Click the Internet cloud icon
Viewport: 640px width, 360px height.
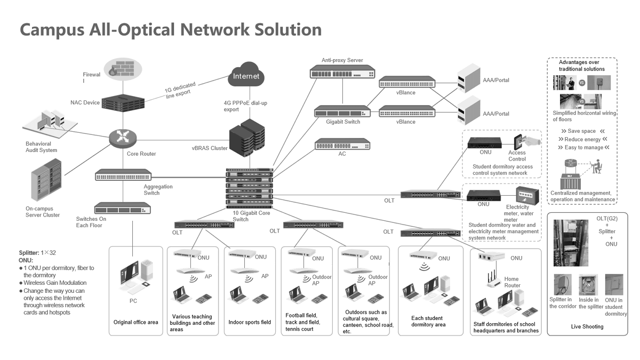[245, 76]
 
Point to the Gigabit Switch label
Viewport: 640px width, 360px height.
[343, 122]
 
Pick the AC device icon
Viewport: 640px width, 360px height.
[342, 144]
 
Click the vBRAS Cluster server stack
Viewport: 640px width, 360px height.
[247, 138]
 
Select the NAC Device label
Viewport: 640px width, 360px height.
[85, 102]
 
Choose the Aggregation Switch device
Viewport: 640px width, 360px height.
[123, 175]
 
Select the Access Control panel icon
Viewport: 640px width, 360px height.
[519, 142]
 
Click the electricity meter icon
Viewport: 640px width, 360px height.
[525, 195]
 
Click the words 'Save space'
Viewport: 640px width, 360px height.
[581, 131]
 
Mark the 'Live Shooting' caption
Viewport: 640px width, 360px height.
[587, 326]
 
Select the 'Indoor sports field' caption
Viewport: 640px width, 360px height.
[250, 322]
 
